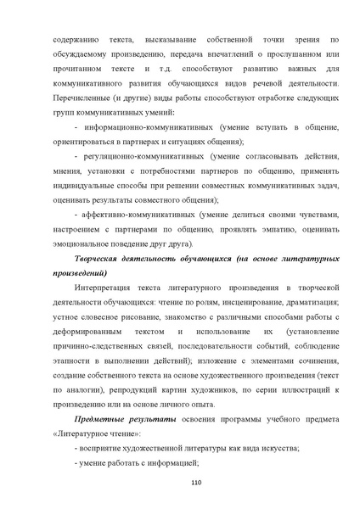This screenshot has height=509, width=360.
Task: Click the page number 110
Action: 180,484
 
